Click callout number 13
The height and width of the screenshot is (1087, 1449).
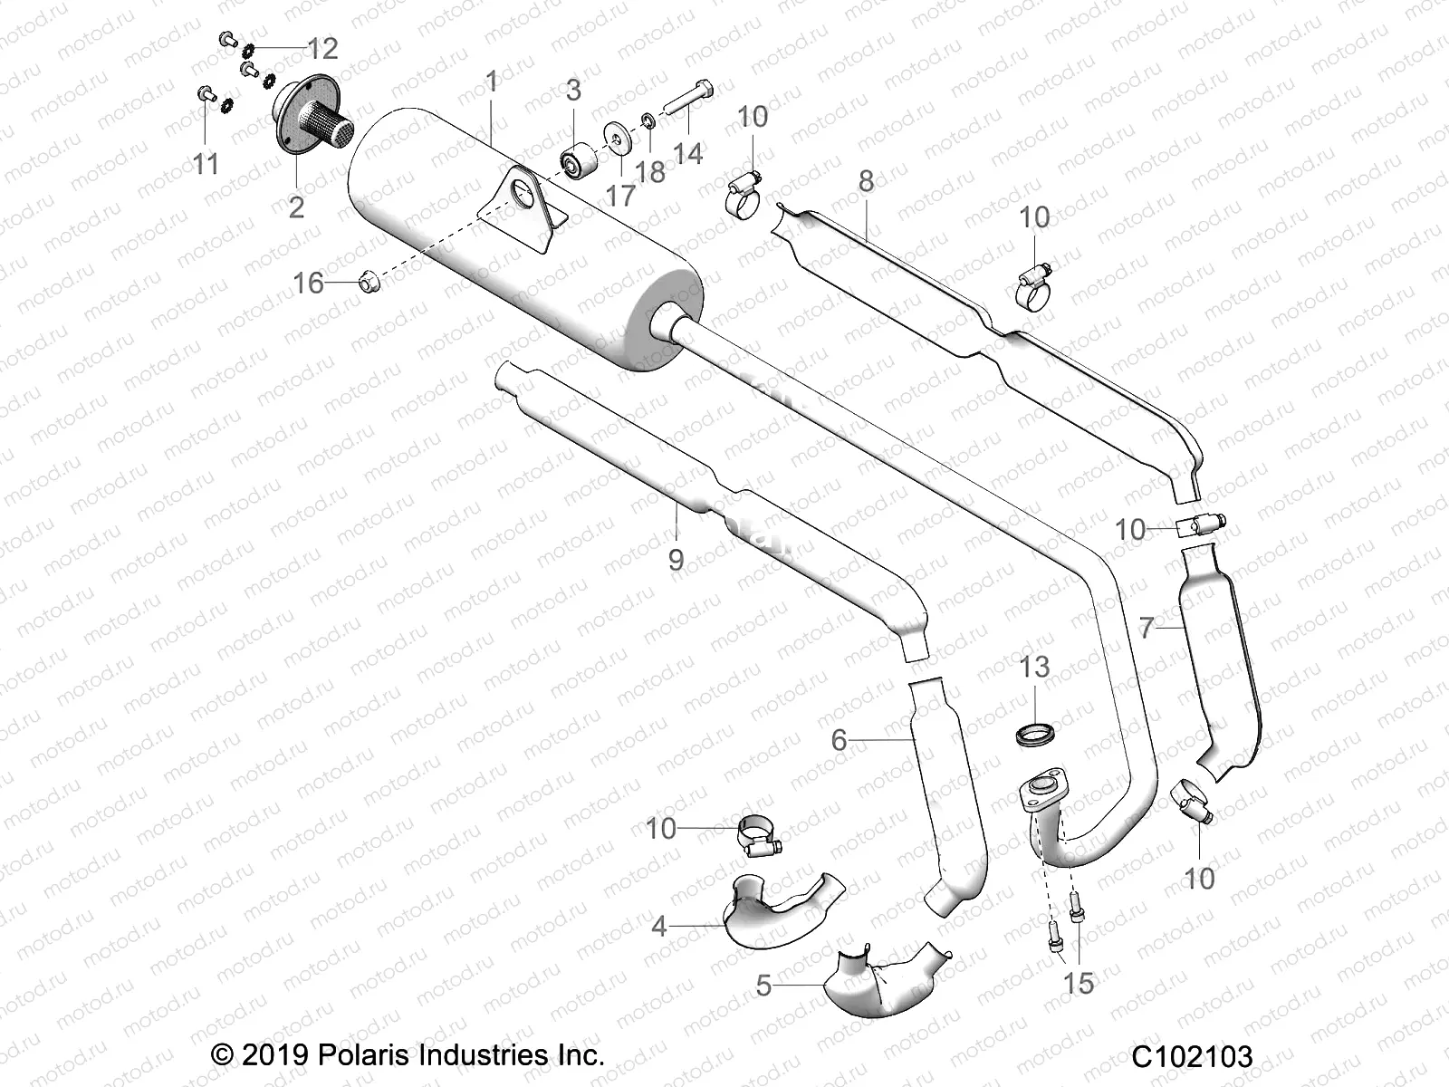click(x=1034, y=667)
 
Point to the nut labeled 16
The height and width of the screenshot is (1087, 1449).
click(x=367, y=283)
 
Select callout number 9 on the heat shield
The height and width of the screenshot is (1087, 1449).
click(x=676, y=560)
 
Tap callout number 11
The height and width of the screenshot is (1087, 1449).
click(x=206, y=164)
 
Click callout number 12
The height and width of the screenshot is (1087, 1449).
click(x=322, y=48)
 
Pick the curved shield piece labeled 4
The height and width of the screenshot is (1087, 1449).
click(x=774, y=906)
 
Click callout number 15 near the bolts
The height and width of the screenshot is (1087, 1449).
click(x=1078, y=983)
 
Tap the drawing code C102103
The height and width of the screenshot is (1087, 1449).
click(x=1191, y=1056)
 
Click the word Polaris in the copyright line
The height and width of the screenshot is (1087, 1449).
click(x=364, y=1054)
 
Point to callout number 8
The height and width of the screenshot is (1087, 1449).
click(x=866, y=181)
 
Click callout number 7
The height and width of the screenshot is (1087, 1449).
click(x=1147, y=627)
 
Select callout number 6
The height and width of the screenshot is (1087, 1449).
click(x=839, y=740)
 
